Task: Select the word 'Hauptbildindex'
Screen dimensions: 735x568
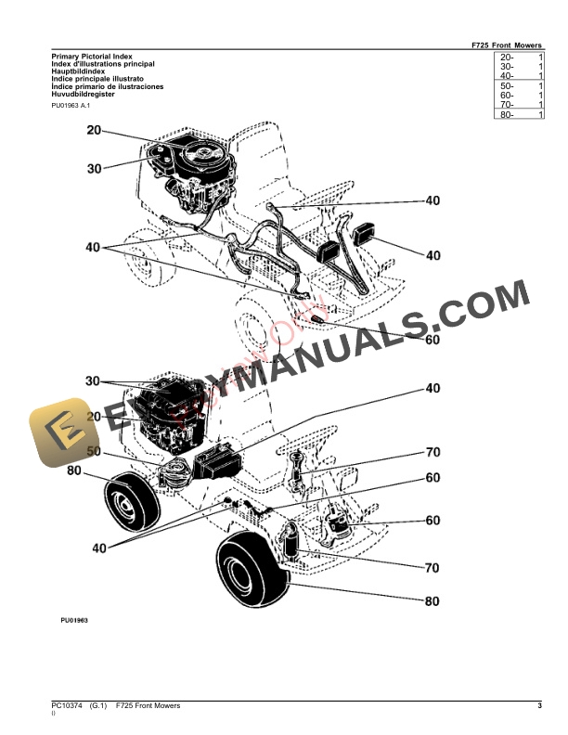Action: pos(77,71)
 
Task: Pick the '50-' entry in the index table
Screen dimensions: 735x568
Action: pos(507,85)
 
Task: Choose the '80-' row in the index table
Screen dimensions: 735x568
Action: pos(507,114)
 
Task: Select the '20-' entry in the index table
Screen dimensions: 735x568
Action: pos(507,58)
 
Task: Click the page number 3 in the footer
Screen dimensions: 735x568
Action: pos(539,706)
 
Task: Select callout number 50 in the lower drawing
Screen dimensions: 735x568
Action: pos(94,451)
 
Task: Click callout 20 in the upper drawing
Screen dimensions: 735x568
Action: pos(94,131)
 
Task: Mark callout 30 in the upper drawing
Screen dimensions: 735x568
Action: pos(94,168)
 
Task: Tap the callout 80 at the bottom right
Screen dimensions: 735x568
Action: pos(432,601)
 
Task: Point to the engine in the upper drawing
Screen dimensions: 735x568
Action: pos(197,174)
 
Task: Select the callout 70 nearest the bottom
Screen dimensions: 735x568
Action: pos(432,567)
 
